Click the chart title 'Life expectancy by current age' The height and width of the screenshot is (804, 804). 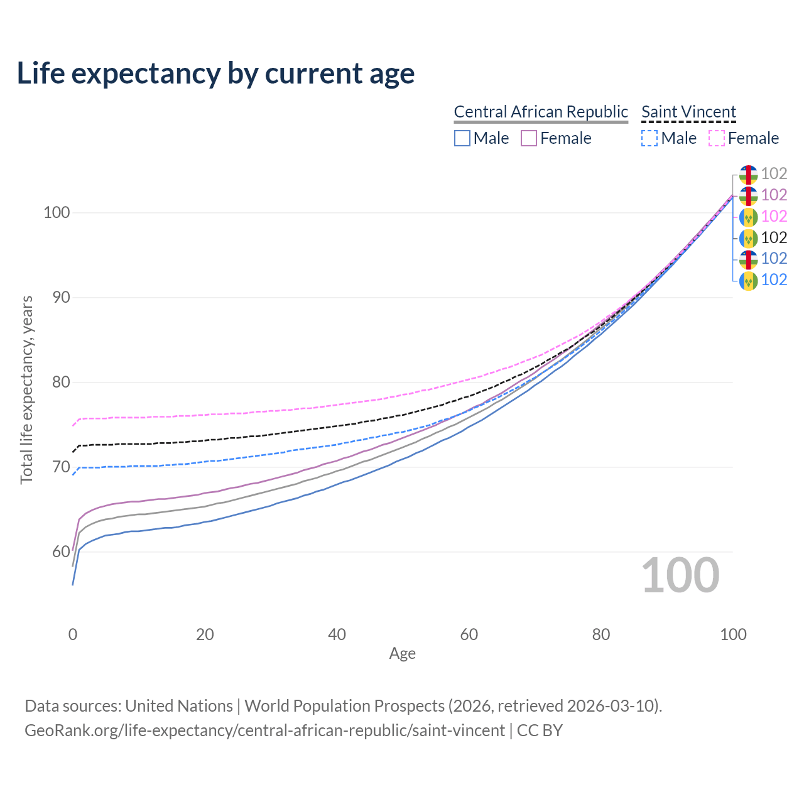point(215,73)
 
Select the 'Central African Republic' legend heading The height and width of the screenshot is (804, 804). point(541,112)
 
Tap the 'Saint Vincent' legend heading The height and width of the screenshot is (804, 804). point(688,112)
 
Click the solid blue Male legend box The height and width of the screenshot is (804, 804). point(462,138)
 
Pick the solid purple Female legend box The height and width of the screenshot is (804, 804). point(529,138)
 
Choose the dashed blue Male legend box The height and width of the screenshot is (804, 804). point(649,138)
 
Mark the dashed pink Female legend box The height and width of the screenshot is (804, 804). point(717,138)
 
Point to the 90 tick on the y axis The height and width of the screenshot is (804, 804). point(61,297)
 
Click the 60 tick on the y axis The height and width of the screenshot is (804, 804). point(61,551)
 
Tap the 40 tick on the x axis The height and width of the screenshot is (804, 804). point(337,634)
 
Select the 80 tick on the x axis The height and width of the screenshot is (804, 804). point(601,634)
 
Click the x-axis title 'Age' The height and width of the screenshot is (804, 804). point(402,654)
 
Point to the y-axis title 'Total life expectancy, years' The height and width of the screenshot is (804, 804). point(26,390)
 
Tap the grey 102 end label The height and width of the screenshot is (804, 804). point(774,173)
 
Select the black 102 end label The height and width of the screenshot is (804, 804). point(774,238)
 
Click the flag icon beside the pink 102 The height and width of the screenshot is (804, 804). point(749,217)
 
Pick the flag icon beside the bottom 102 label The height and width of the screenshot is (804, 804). point(749,281)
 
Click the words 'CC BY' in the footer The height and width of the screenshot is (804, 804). point(540,731)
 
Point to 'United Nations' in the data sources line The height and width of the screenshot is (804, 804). point(179,706)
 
